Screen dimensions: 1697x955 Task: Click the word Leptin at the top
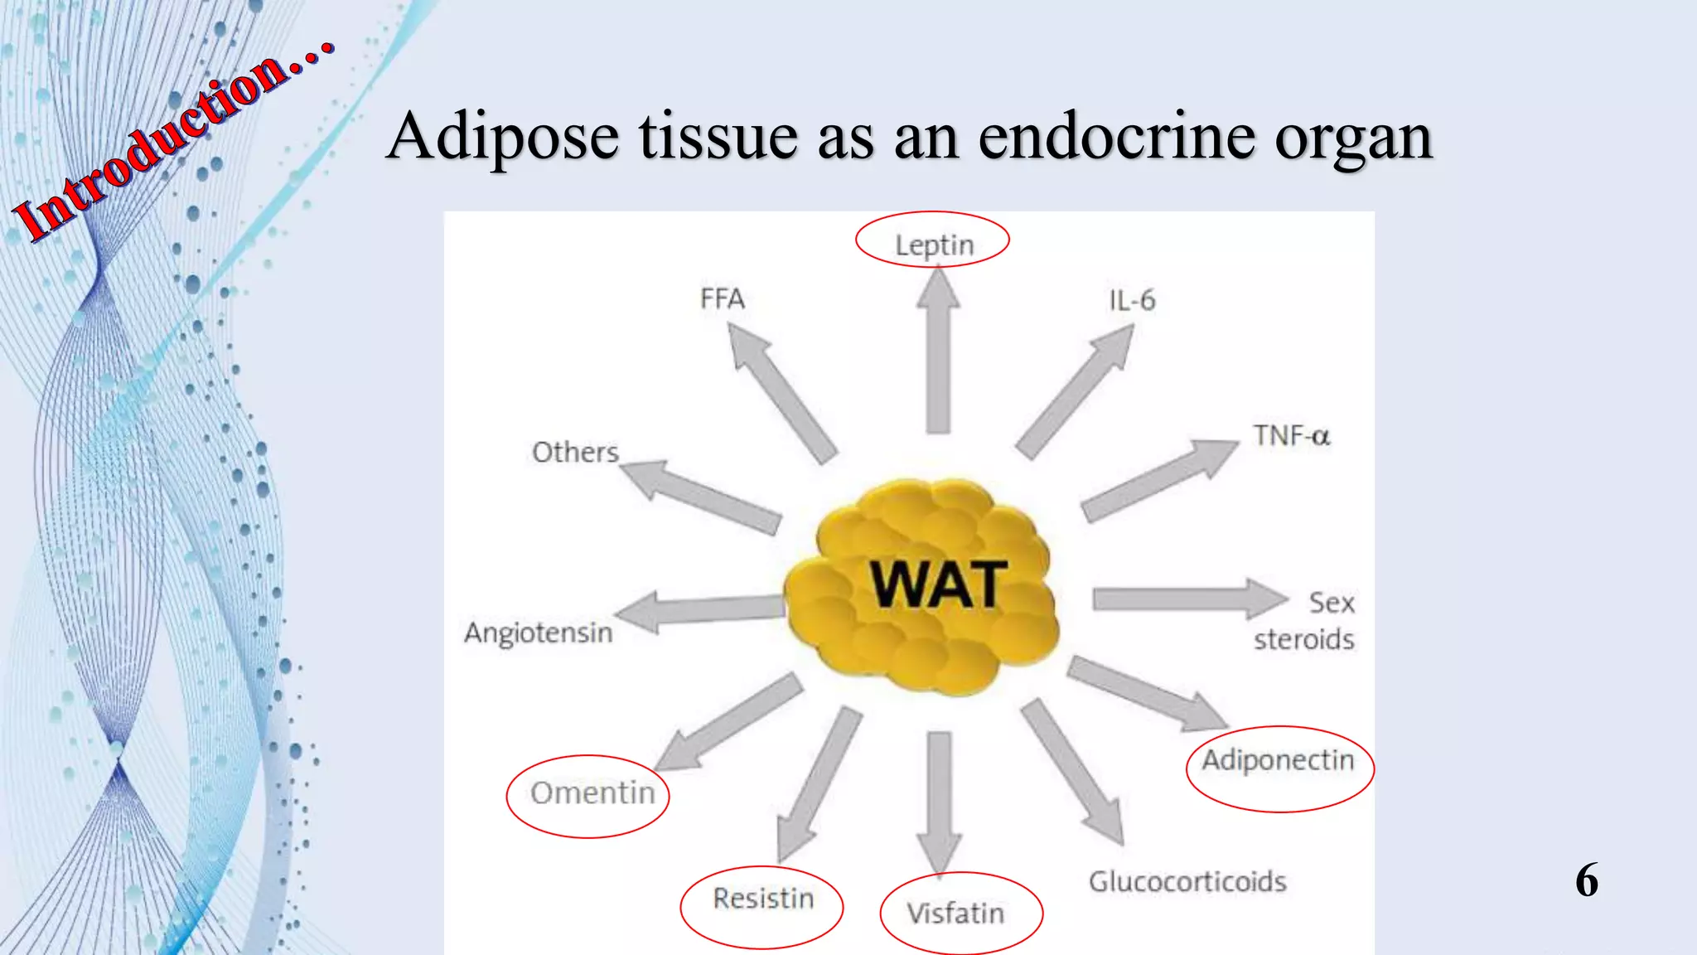pos(934,245)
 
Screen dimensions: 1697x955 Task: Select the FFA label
pos(722,298)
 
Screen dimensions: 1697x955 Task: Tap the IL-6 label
pos(1132,300)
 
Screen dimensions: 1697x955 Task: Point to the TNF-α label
pos(1291,436)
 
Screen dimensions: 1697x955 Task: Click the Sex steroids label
pos(1305,621)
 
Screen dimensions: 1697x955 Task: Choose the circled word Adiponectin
pos(1278,760)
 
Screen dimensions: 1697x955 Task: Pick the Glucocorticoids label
pos(1187,881)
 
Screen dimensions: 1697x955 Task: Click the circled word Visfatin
pos(955,913)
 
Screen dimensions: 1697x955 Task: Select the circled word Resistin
pos(763,899)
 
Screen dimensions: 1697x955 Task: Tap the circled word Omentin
pos(592,793)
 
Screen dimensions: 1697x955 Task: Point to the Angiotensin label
pos(539,633)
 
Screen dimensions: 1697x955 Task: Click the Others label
pos(575,453)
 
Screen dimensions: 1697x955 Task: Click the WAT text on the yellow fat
pos(938,585)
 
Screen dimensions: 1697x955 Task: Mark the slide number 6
pos(1586,880)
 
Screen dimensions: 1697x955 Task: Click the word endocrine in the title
pos(1117,136)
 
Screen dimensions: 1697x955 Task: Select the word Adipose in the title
pos(503,138)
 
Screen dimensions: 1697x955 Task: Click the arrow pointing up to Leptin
pos(938,356)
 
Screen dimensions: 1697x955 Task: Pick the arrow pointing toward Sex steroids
pos(1185,599)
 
